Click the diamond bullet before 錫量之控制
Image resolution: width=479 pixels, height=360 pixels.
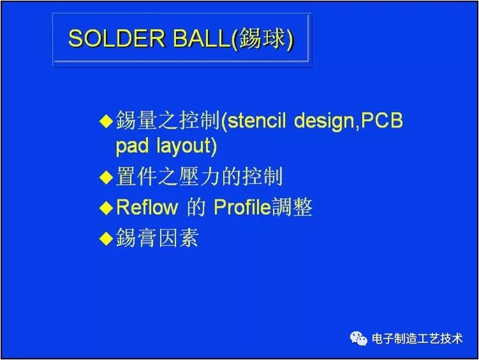point(106,121)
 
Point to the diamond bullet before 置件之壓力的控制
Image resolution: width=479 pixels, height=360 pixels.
point(106,178)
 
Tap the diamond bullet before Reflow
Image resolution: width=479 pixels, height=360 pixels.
point(106,208)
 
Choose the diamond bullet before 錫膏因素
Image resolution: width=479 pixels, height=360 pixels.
point(106,238)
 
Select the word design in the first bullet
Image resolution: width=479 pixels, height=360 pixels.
point(324,120)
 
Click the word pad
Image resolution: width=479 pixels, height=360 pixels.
point(133,147)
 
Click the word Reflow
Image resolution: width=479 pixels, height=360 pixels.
point(147,208)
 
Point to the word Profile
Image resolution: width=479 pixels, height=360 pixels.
point(242,208)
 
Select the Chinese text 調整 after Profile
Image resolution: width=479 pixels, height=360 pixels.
point(292,208)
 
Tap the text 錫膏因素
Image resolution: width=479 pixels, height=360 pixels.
point(157,238)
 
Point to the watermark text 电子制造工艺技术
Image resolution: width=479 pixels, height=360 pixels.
point(417,339)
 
